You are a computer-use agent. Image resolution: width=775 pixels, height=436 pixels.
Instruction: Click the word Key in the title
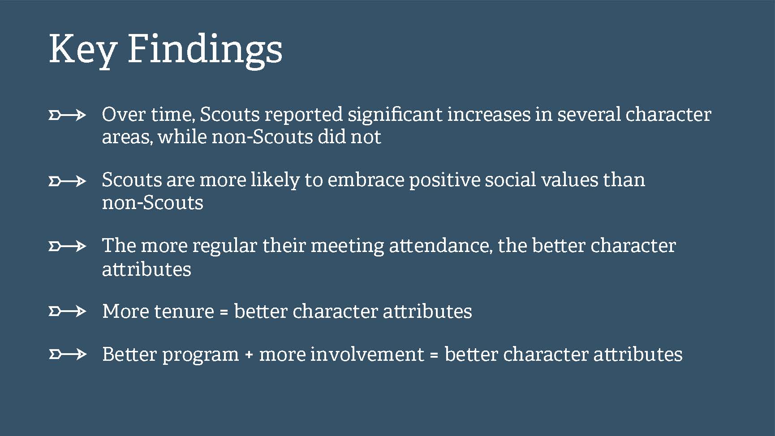click(x=82, y=49)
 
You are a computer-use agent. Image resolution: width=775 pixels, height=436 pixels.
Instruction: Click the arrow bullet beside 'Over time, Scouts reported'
click(x=67, y=115)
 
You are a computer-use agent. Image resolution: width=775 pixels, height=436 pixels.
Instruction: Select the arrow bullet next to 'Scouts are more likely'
click(x=67, y=181)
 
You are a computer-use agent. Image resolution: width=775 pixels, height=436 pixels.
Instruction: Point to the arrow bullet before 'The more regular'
click(x=67, y=246)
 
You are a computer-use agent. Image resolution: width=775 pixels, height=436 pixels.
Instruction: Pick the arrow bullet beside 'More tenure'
click(x=67, y=311)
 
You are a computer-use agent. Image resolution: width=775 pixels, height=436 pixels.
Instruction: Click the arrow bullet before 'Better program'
click(x=67, y=355)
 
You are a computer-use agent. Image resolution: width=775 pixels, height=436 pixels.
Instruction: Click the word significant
click(x=395, y=115)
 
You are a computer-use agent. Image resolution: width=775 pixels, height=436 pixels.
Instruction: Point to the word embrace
click(x=366, y=180)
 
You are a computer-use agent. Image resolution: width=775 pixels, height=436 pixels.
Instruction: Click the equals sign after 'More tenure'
click(x=224, y=312)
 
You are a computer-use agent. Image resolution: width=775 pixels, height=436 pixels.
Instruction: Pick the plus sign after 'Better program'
click(x=249, y=355)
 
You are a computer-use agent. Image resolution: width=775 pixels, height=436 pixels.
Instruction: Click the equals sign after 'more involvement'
click(x=434, y=355)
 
